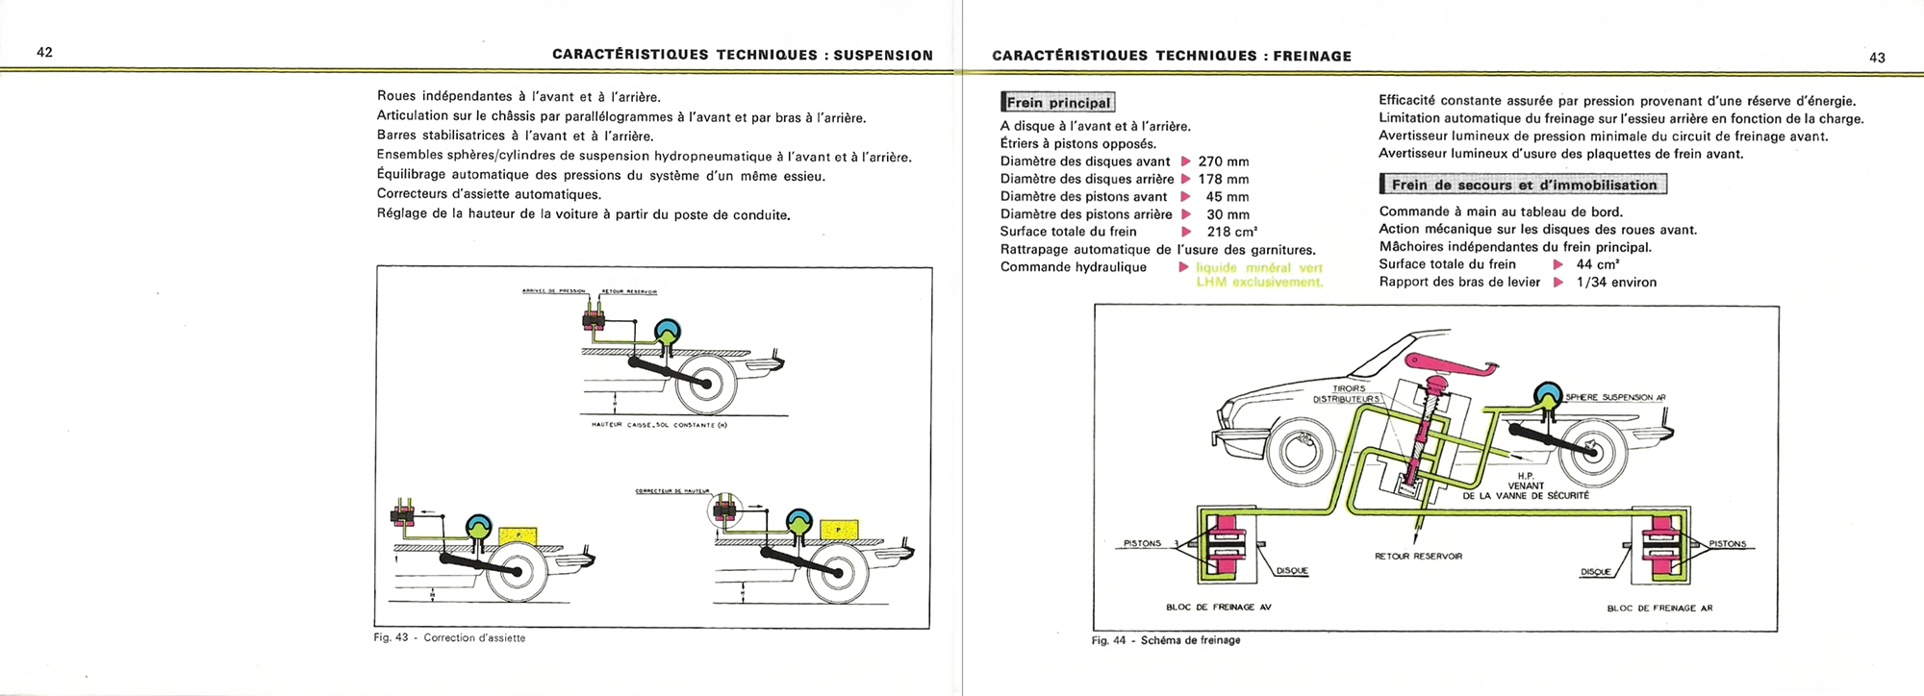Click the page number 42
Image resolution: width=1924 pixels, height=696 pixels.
[44, 52]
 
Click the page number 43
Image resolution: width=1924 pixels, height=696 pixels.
[1877, 58]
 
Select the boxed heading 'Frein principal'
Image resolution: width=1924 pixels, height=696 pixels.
[1058, 103]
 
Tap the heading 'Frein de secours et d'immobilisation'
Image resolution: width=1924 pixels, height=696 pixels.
[1523, 185]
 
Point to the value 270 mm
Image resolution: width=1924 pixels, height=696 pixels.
[1224, 162]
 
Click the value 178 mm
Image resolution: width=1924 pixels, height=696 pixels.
[1224, 179]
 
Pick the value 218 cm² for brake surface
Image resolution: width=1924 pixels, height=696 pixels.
[1231, 232]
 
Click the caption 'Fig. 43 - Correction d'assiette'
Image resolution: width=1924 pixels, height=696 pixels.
[449, 637]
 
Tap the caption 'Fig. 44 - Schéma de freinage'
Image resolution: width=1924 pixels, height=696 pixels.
[1166, 640]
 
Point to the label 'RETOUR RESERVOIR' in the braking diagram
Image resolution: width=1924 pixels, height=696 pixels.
[1418, 556]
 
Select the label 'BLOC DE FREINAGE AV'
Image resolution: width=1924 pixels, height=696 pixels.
[1218, 607]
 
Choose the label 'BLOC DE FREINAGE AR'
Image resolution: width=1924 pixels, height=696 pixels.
[1659, 608]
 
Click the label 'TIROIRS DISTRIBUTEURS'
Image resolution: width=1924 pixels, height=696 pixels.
[1347, 394]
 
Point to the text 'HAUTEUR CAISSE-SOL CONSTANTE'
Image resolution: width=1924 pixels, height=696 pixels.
[659, 425]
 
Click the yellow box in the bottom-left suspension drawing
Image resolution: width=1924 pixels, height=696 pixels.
[519, 531]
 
